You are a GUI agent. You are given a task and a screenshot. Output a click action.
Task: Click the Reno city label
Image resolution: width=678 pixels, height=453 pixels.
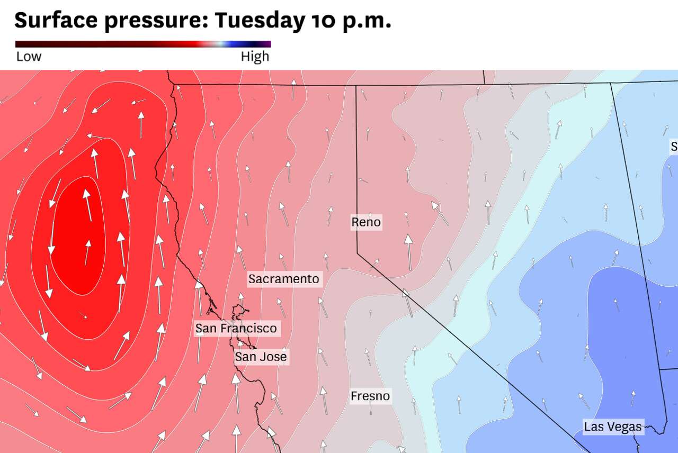pyautogui.click(x=366, y=222)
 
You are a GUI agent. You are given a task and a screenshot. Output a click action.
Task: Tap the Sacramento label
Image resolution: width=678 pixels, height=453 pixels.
pyautogui.click(x=284, y=279)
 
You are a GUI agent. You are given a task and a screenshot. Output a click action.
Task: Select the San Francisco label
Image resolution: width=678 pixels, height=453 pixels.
pyautogui.click(x=236, y=328)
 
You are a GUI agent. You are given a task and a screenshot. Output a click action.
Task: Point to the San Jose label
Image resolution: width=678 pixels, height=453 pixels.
pyautogui.click(x=261, y=357)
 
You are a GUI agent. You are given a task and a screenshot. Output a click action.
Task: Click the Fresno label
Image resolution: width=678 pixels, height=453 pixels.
pyautogui.click(x=370, y=396)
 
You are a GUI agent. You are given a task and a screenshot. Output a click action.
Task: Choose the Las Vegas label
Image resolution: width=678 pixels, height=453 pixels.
pyautogui.click(x=613, y=427)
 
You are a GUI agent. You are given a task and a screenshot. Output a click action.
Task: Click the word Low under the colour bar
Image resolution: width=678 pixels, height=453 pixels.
pyautogui.click(x=29, y=57)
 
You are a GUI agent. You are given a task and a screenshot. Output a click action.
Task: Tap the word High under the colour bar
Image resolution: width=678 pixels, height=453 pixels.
pyautogui.click(x=255, y=57)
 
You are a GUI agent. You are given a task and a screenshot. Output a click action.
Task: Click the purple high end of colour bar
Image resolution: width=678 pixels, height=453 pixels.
pyautogui.click(x=267, y=44)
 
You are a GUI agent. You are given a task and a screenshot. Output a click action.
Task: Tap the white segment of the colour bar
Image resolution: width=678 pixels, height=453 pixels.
pyautogui.click(x=220, y=44)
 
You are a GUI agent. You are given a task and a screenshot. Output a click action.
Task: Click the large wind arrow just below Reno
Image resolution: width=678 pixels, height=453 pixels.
pyautogui.click(x=408, y=252)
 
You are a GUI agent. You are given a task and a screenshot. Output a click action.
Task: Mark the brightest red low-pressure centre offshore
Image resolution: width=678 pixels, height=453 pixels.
pyautogui.click(x=79, y=238)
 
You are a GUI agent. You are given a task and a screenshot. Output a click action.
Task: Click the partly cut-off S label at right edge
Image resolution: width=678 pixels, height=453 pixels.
pyautogui.click(x=674, y=147)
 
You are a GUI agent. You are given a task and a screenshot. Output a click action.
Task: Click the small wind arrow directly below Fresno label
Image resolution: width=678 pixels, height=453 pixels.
pyautogui.click(x=371, y=410)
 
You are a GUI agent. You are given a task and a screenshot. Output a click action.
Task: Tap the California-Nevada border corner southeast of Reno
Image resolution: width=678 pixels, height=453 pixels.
pyautogui.click(x=357, y=252)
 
